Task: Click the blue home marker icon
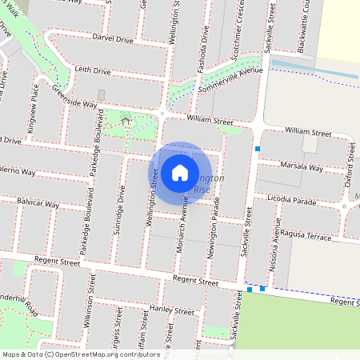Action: point(179,173)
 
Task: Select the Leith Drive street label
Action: point(93,71)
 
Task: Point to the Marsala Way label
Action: point(302,167)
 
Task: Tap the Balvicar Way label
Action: point(38,204)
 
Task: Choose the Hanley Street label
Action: point(172,310)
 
